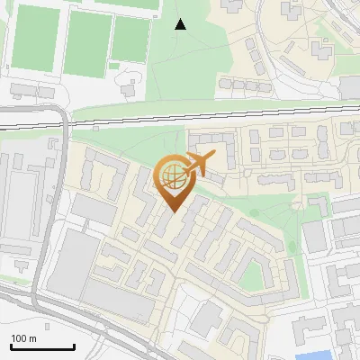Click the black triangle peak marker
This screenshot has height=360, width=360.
181,23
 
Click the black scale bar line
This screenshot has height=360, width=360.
42,346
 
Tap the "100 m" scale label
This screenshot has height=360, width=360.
23,338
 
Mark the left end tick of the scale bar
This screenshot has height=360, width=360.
11,346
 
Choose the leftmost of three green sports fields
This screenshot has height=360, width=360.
34,37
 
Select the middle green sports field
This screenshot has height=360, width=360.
88,43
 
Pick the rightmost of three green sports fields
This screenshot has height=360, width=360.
131,40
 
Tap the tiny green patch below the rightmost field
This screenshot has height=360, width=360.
116,65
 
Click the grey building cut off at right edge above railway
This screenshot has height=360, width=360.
350,86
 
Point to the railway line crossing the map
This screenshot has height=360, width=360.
180,115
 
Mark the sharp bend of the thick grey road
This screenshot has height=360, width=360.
63,112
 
